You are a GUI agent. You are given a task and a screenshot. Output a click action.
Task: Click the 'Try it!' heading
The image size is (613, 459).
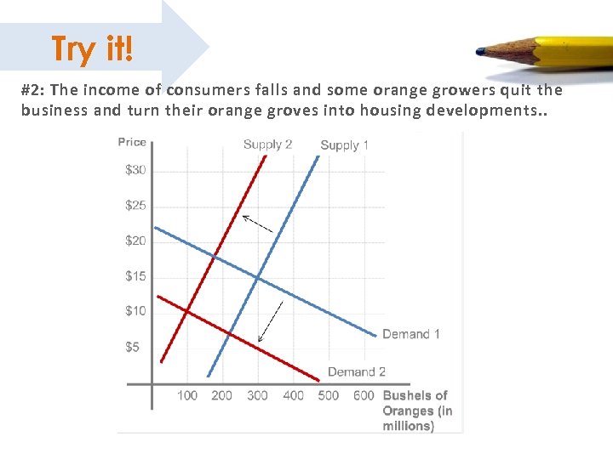[x=92, y=48]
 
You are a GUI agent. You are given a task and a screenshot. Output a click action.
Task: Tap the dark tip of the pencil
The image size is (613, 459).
[x=481, y=51]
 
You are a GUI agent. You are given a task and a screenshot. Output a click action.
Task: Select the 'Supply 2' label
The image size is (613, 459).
[x=267, y=144]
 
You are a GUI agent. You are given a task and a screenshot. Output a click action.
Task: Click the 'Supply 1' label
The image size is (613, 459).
[x=344, y=144]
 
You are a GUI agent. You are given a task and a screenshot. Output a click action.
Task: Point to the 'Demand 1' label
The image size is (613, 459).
[x=411, y=334]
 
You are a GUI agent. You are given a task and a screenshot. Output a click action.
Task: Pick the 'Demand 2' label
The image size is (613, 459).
[x=357, y=371]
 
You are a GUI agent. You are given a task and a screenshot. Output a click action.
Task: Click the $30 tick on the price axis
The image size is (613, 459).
[x=135, y=170]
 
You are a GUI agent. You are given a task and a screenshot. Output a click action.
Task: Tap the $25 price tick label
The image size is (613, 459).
[x=135, y=205]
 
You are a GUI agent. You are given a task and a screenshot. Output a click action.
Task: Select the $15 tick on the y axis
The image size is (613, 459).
[x=135, y=275]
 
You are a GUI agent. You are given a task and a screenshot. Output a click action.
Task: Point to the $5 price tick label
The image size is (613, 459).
[x=133, y=347]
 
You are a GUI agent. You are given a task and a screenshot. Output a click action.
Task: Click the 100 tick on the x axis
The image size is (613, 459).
[x=187, y=395]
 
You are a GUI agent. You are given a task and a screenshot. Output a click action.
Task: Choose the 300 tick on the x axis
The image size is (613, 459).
[x=257, y=395]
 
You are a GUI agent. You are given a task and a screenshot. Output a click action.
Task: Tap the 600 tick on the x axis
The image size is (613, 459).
[x=364, y=395]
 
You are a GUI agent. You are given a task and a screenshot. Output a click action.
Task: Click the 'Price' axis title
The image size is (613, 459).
[x=132, y=142]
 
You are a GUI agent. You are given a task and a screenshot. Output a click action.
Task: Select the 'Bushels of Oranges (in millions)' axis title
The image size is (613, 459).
[x=417, y=411]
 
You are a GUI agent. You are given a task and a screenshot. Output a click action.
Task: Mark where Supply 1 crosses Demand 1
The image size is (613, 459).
[x=257, y=277]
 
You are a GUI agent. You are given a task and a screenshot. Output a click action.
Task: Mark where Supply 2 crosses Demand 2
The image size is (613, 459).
[x=186, y=312]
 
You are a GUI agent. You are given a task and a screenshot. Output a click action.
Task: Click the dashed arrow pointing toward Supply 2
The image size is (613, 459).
[x=257, y=224]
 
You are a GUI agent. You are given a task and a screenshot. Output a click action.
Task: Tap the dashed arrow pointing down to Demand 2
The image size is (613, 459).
[x=270, y=321]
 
